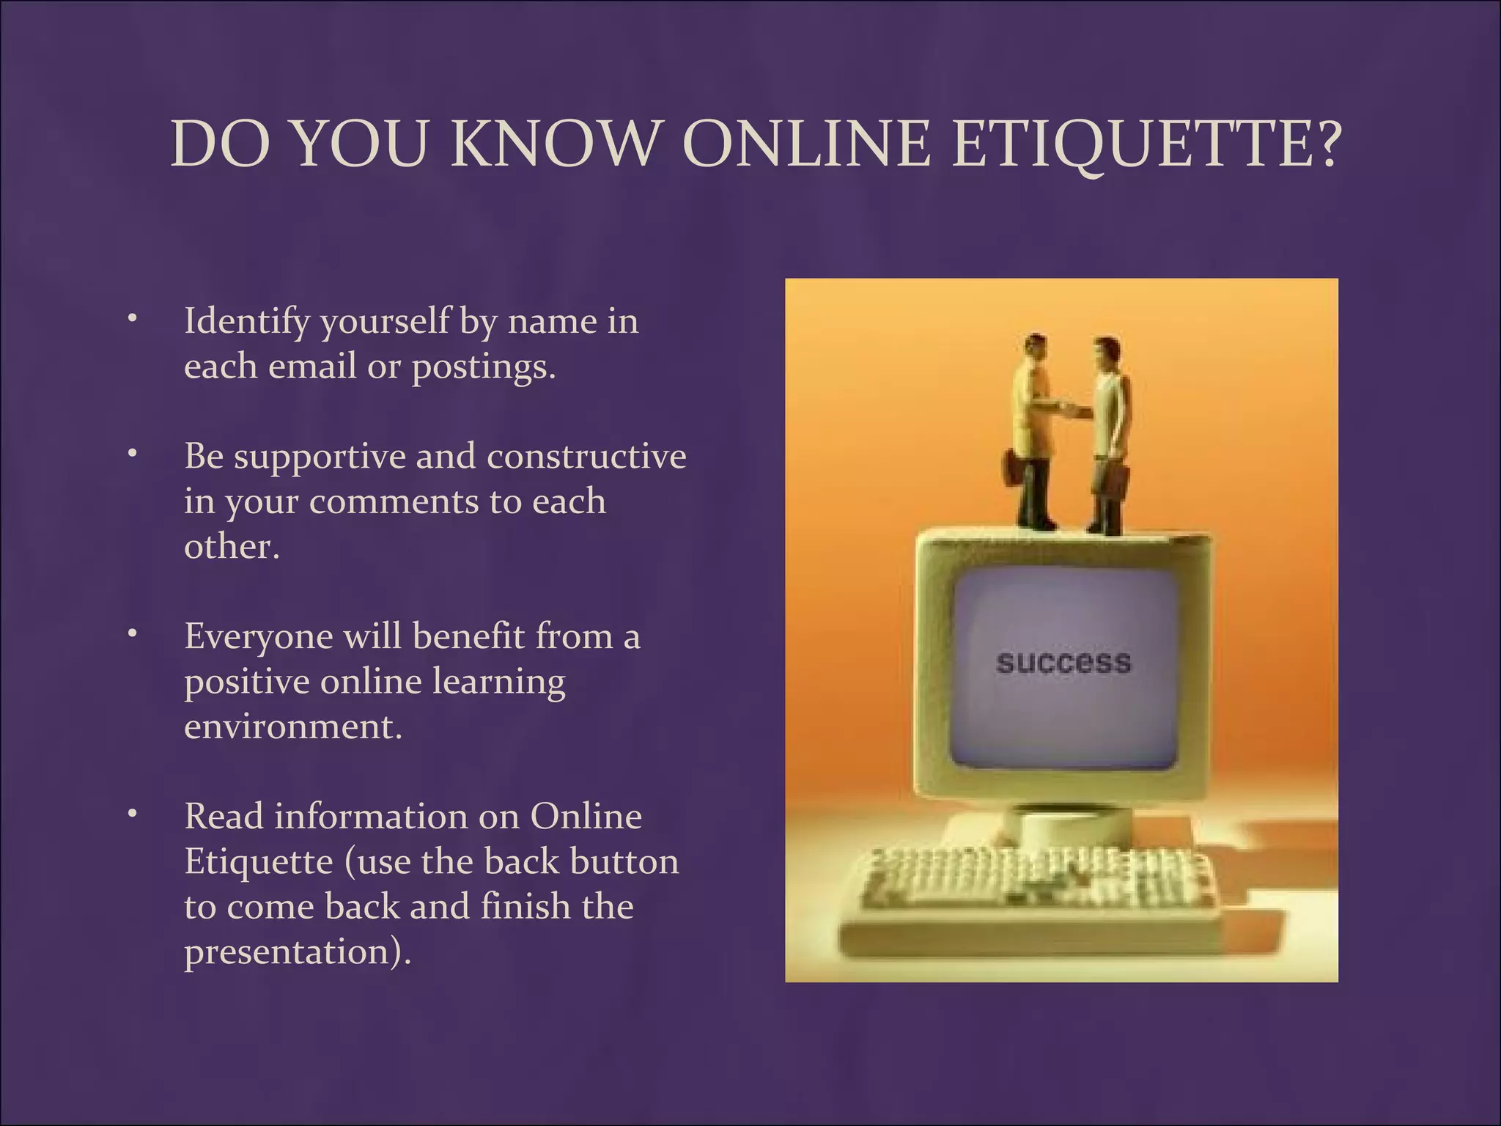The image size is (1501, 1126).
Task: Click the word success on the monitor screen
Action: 1063,663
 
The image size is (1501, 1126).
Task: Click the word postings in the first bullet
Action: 479,367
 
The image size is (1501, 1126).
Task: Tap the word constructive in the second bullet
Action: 586,456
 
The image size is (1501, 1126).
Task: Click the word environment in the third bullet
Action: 292,727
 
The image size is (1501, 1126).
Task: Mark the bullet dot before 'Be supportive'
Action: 132,454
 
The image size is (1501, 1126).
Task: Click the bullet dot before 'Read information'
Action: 132,814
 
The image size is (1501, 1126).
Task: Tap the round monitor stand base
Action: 1066,825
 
